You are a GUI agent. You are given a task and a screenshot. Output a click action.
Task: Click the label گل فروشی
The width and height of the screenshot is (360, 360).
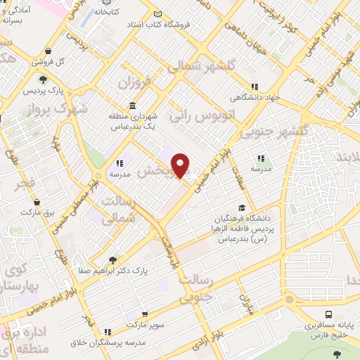pos(70,61)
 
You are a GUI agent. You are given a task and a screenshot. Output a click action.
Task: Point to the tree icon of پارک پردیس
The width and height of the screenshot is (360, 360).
pos(43,79)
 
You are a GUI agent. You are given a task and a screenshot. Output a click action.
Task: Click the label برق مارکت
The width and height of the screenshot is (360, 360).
pos(37,211)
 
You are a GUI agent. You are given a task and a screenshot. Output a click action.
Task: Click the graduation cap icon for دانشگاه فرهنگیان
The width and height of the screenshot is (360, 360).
pos(242,207)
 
